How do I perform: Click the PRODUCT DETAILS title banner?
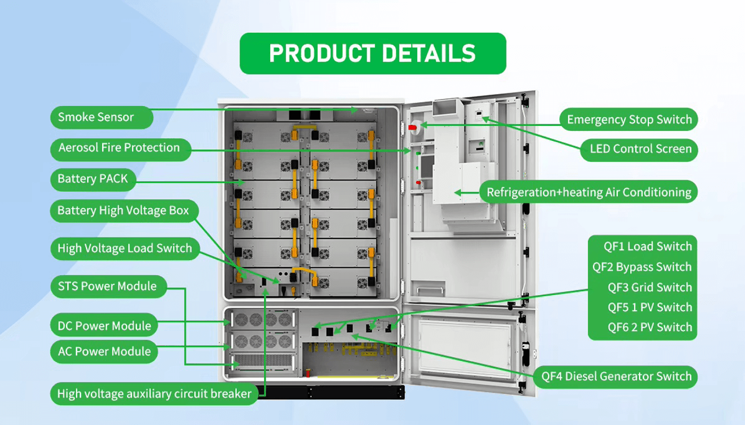(x=372, y=53)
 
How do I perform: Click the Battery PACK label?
(x=93, y=179)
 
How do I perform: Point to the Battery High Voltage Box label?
(x=123, y=211)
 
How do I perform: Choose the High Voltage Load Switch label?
(x=125, y=248)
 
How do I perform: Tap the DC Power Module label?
(x=104, y=326)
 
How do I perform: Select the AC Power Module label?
(x=104, y=351)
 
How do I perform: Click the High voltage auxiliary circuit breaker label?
(x=154, y=394)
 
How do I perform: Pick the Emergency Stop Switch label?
(x=629, y=120)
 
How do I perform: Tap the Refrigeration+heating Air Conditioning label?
(x=589, y=192)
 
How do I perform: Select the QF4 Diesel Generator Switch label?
(x=616, y=377)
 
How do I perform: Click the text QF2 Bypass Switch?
(x=642, y=267)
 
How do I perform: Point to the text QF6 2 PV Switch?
(x=650, y=327)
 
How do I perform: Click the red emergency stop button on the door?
(x=412, y=127)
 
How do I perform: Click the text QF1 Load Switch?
(x=647, y=246)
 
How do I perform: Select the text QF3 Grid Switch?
(x=650, y=287)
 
